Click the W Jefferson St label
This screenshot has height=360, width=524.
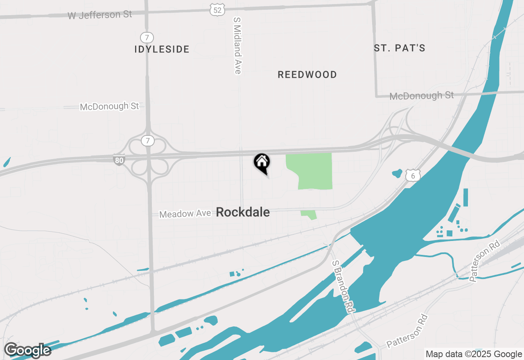[x=100, y=15]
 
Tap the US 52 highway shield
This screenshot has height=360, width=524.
[x=217, y=10]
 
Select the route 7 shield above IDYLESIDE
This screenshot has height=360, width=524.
[x=147, y=38]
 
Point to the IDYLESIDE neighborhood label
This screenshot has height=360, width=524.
[x=162, y=49]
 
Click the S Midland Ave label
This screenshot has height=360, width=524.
[x=237, y=45]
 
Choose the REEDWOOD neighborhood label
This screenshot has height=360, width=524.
[x=307, y=74]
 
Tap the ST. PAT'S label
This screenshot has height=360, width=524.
[x=400, y=48]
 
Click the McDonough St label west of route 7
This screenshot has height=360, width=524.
[x=109, y=106]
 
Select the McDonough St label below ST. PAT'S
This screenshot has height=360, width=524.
[x=422, y=96]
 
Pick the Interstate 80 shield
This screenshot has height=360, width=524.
[x=119, y=160]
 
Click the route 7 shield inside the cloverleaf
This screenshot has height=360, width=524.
[x=147, y=141]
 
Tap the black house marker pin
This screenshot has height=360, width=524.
[x=262, y=163]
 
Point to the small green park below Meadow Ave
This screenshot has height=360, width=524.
[x=309, y=214]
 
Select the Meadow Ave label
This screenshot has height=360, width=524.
[x=185, y=214]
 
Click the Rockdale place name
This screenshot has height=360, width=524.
[x=243, y=212]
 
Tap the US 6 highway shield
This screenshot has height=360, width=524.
[x=413, y=175]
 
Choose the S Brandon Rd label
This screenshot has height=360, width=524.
[x=343, y=286]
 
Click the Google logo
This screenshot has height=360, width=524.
[x=27, y=350]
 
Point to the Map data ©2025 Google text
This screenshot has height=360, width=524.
[x=474, y=354]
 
